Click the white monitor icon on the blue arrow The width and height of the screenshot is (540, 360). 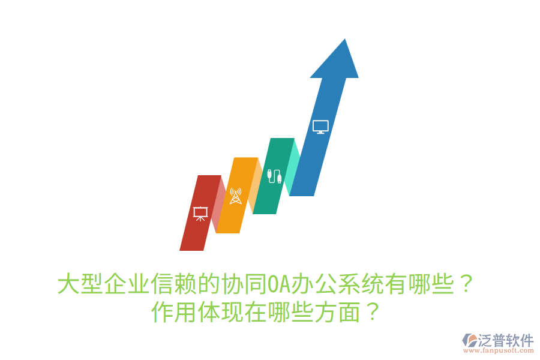[320, 127]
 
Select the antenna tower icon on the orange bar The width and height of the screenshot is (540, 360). [235, 196]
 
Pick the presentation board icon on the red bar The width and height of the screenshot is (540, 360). [200, 214]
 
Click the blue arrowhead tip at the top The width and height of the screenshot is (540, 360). [344, 45]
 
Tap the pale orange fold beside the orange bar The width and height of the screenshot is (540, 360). [256, 186]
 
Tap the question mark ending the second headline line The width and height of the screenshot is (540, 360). [372, 313]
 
